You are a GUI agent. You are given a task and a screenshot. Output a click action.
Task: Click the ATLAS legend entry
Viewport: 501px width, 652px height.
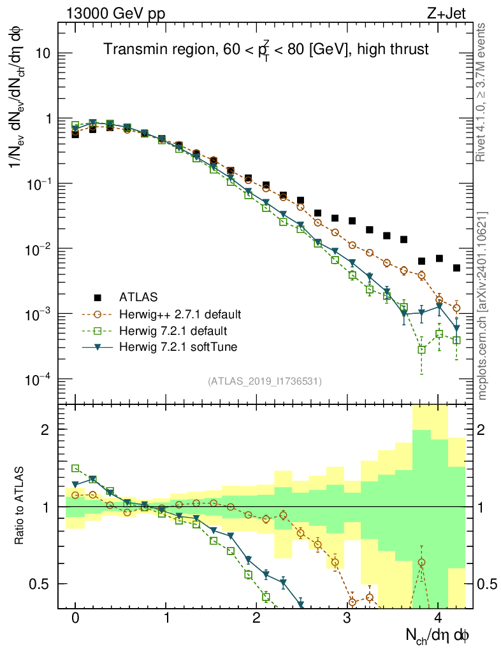click(x=137, y=297)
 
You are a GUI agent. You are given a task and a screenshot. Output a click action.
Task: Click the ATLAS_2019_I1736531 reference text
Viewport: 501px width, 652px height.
click(x=265, y=381)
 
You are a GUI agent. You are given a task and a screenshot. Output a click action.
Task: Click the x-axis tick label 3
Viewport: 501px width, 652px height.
click(x=347, y=618)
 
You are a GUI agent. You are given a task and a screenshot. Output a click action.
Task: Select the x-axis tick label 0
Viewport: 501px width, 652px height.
click(x=75, y=618)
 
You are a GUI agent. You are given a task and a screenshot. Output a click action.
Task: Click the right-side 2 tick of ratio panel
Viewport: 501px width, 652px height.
click(x=488, y=430)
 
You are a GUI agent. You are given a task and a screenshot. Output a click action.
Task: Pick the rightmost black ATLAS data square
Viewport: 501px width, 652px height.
click(x=456, y=268)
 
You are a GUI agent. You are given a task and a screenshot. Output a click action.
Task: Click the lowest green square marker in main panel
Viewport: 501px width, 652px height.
click(x=421, y=350)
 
